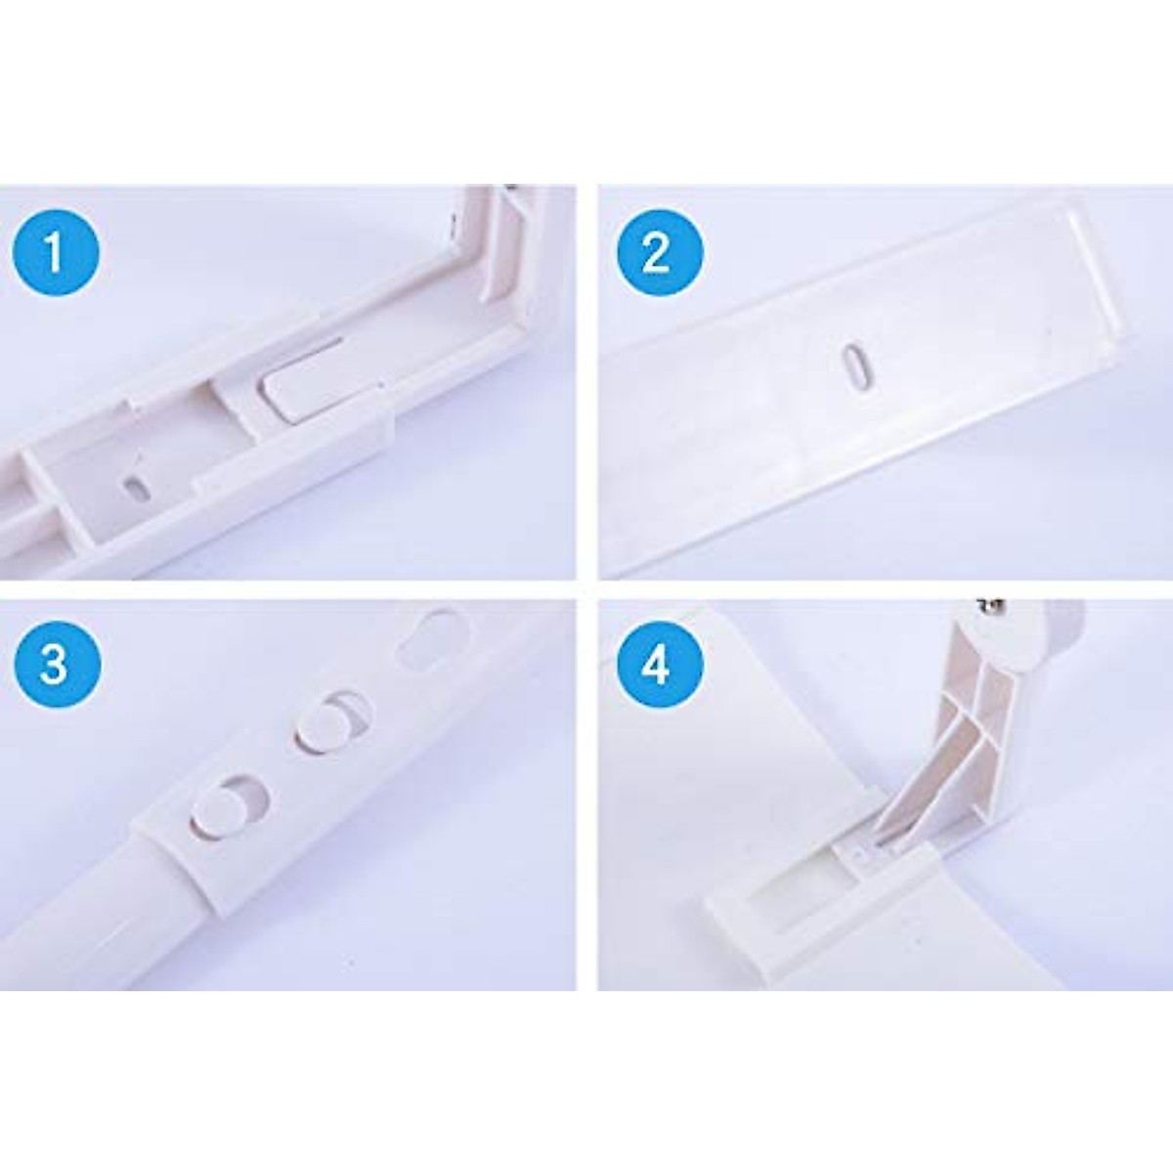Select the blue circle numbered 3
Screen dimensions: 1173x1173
[56, 664]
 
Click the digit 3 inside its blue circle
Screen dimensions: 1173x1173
[56, 664]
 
